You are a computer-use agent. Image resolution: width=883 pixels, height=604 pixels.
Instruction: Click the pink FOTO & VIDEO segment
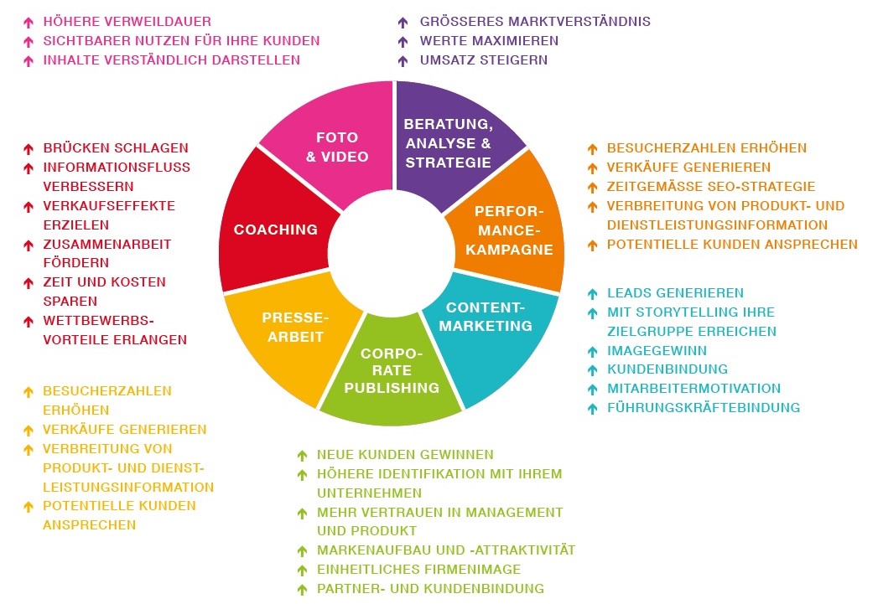pos(335,142)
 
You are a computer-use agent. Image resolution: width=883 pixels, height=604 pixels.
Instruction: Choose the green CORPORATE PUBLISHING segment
pos(391,377)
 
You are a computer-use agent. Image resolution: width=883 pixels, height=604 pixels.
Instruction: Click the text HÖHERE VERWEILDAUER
pos(127,21)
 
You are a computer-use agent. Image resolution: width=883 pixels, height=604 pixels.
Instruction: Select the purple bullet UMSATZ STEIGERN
pos(484,59)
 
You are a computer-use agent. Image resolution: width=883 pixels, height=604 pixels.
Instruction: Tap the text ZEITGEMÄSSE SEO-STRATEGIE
pos(711,186)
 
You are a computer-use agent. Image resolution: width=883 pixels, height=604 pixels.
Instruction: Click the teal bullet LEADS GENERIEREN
pos(676,292)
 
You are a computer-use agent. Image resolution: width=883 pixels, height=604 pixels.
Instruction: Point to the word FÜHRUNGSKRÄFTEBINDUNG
pos(704,408)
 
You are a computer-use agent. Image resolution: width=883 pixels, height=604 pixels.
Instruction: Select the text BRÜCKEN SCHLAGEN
pos(116,147)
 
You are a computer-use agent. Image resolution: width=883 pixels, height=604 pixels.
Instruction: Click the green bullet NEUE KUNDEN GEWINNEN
pos(405,454)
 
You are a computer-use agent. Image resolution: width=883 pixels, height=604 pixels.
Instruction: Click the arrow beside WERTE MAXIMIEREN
pos(403,41)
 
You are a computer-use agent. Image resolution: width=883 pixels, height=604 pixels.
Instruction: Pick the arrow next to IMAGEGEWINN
pos(592,351)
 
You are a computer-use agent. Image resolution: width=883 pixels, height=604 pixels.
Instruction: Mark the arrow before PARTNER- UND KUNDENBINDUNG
pos(302,590)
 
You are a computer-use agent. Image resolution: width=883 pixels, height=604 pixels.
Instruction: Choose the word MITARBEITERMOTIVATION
pos(694,389)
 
